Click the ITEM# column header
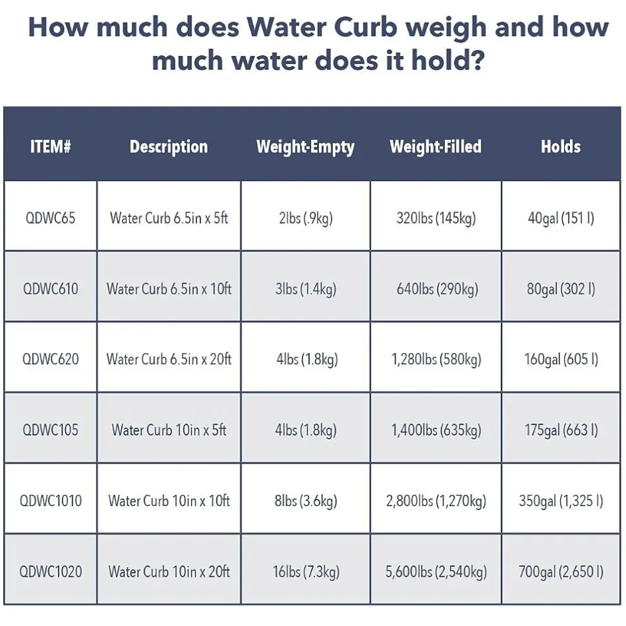click(51, 147)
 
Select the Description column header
click(168, 147)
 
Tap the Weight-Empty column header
click(305, 147)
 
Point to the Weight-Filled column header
click(436, 147)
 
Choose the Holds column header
click(561, 147)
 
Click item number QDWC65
click(51, 218)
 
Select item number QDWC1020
click(51, 571)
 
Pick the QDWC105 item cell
click(51, 430)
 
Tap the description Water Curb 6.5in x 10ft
click(169, 289)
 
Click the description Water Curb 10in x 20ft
click(169, 571)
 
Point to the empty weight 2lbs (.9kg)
click(306, 218)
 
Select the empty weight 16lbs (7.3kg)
click(306, 571)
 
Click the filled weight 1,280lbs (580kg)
click(436, 359)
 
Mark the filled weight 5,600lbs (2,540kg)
click(436, 571)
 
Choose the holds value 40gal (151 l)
click(561, 218)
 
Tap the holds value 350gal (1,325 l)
click(561, 501)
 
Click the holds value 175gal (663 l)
click(561, 430)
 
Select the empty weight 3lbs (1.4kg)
click(306, 289)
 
